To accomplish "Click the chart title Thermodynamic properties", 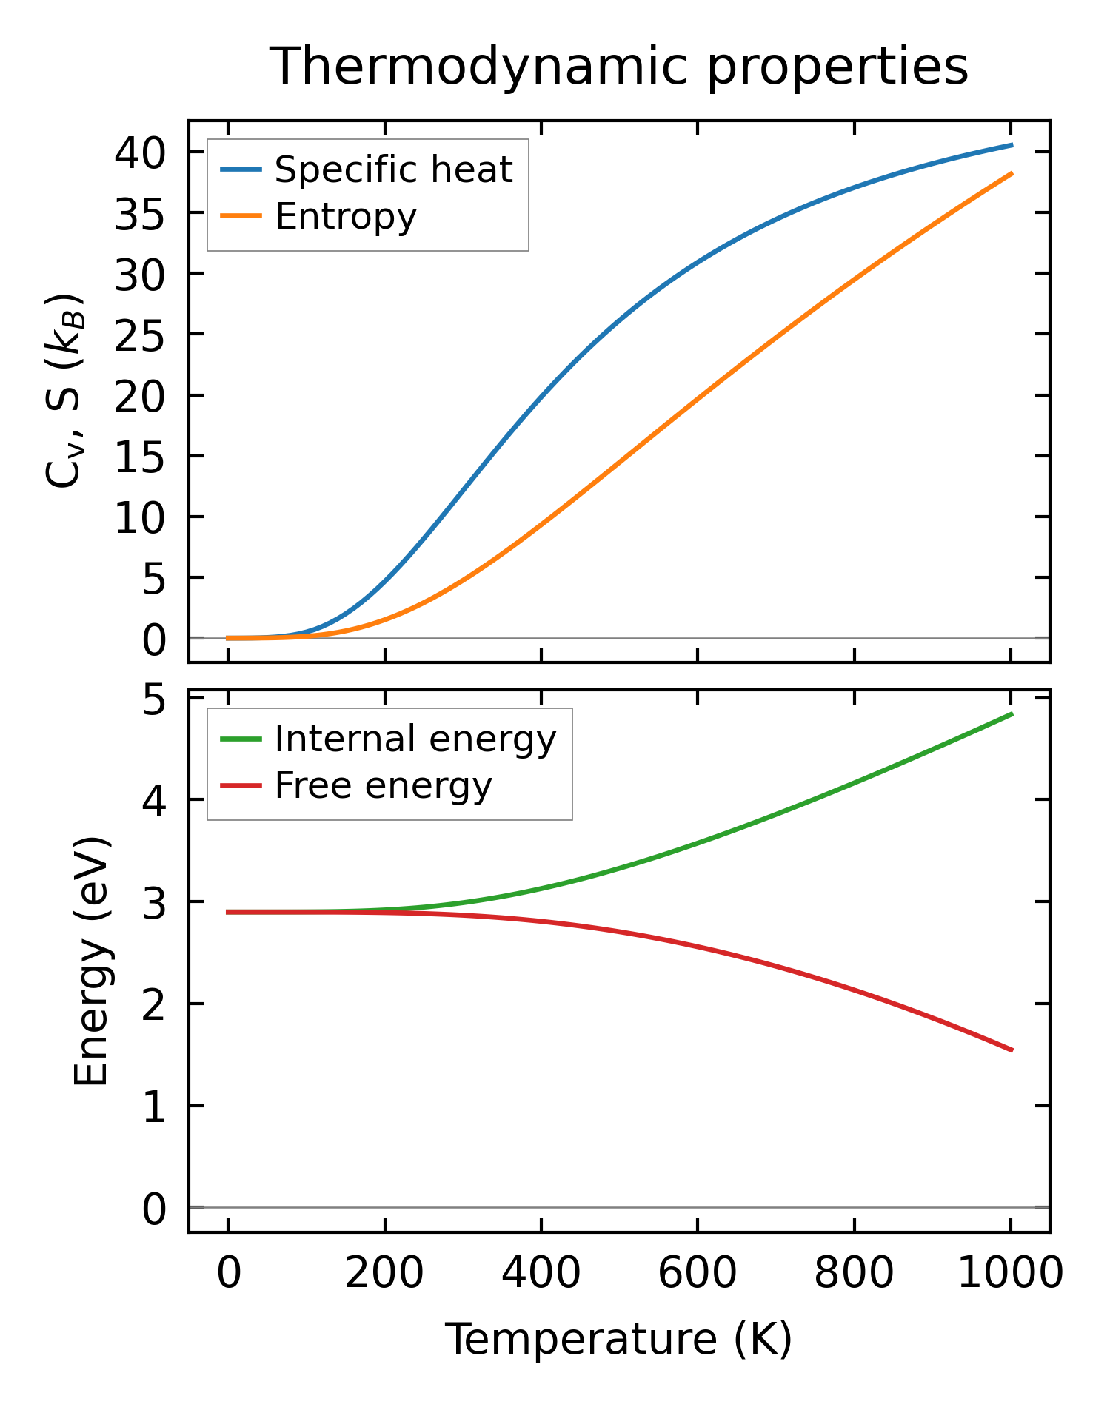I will (x=618, y=67).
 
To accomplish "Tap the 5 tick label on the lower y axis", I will (x=155, y=698).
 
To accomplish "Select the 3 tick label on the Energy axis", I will (x=155, y=902).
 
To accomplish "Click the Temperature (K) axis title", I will (x=618, y=1340).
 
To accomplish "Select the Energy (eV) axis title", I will (x=92, y=961).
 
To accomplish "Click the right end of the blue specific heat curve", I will (x=1011, y=145).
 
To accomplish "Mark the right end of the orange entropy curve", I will (x=1011, y=173).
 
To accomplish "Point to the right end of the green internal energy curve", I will (x=1011, y=714).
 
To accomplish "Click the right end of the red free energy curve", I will (x=1011, y=1050).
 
